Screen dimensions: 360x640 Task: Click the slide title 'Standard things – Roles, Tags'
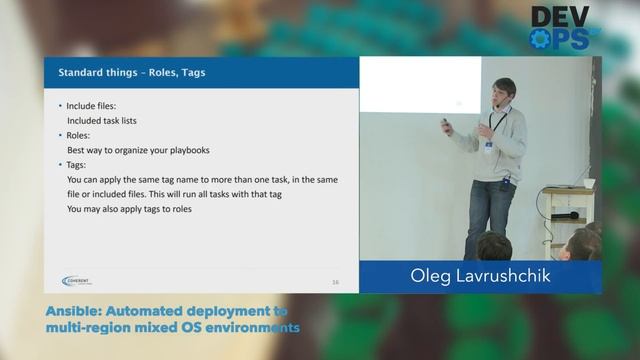click(132, 72)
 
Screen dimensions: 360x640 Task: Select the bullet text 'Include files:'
click(92, 106)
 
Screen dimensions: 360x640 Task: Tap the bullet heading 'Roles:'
click(79, 135)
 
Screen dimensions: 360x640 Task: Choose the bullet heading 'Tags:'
click(78, 165)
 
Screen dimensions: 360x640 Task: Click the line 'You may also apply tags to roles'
click(129, 210)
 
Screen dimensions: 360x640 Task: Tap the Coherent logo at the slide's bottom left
click(77, 281)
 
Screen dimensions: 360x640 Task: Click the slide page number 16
click(335, 283)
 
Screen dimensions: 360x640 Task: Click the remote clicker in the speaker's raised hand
click(447, 125)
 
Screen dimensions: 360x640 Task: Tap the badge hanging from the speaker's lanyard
click(489, 146)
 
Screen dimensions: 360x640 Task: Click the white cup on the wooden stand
click(589, 183)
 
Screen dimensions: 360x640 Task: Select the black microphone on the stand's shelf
click(565, 215)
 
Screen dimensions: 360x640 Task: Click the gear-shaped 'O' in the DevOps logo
click(541, 39)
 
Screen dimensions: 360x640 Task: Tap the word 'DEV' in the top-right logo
click(559, 16)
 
